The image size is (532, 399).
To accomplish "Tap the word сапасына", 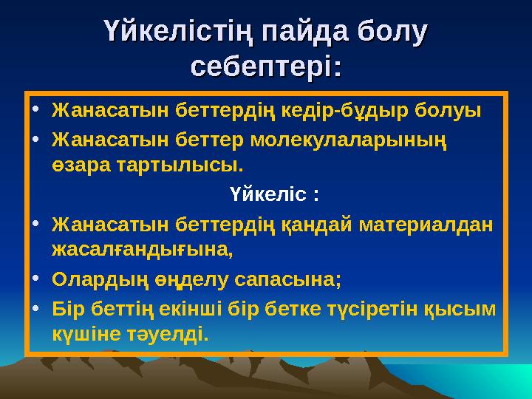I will pyautogui.click(x=287, y=279).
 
